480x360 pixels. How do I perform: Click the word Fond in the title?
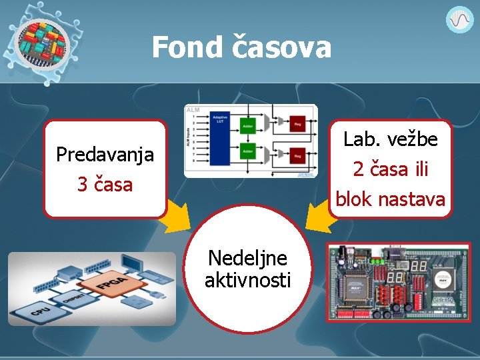187,48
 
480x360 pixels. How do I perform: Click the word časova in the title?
281,48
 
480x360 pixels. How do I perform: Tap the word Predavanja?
105,155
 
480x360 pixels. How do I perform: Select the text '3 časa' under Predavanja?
105,184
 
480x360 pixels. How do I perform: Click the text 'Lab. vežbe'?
390,139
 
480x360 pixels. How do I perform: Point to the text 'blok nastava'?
390,199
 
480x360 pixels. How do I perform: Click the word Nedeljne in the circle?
247,257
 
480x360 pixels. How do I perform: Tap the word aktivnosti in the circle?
247,280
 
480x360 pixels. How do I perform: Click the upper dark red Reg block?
297,123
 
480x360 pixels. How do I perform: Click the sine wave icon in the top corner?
459,21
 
